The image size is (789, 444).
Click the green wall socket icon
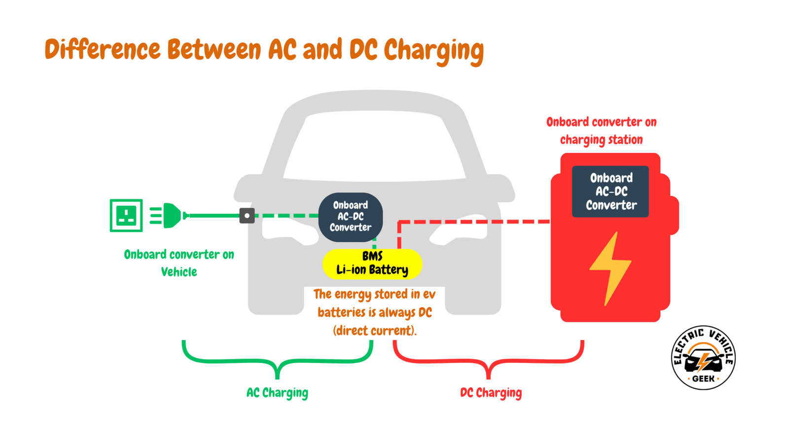point(126,216)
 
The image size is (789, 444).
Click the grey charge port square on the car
point(247,216)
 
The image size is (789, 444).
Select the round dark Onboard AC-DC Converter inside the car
point(350,217)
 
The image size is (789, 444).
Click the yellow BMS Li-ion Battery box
point(372,263)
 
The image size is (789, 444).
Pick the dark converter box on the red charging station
point(610,191)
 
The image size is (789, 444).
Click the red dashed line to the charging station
point(473,222)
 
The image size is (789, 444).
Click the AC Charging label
point(277,393)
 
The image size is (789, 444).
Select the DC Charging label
point(491,393)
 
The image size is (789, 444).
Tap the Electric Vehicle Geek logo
point(703,358)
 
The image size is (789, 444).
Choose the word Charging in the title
point(434,50)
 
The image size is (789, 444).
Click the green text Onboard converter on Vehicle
point(179,263)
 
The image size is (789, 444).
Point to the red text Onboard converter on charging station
point(601,131)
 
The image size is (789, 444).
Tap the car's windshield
point(375,146)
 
